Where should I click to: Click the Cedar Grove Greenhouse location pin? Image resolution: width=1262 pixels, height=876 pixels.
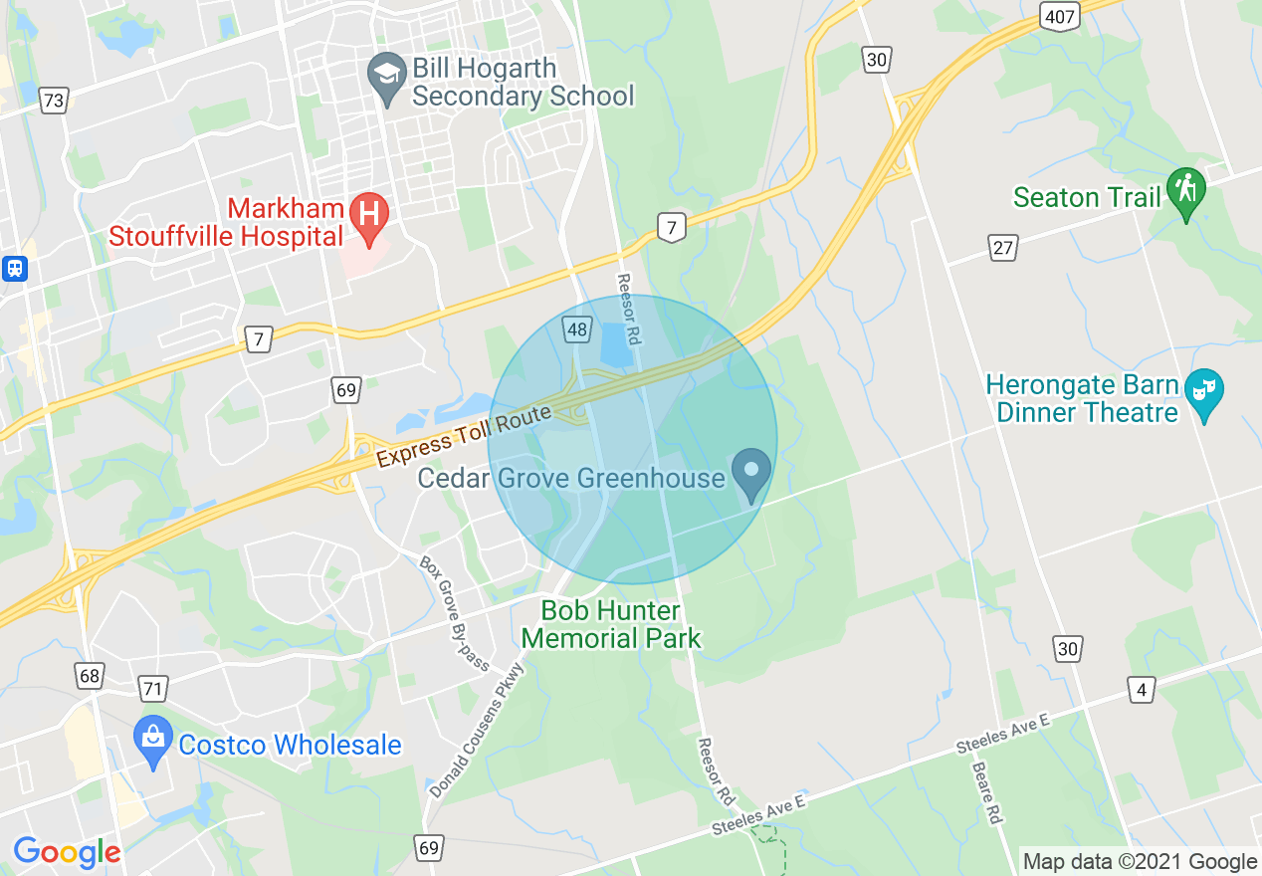coord(751,472)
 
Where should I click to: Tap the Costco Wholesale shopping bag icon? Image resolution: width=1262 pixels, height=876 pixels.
coord(152,739)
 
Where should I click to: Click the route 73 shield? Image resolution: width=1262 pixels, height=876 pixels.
coord(54,100)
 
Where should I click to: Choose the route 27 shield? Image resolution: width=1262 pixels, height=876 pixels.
coord(1002,248)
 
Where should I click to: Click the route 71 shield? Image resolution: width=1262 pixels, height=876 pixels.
coord(153,688)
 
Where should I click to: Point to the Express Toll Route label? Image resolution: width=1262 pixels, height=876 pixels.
coord(463,436)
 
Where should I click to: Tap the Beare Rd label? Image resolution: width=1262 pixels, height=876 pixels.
coord(986,793)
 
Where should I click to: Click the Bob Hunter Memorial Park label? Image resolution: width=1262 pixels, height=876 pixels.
coord(612,624)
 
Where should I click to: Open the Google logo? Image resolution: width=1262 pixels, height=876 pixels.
coord(67,852)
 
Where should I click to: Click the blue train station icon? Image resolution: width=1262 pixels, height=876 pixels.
coord(15,269)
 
